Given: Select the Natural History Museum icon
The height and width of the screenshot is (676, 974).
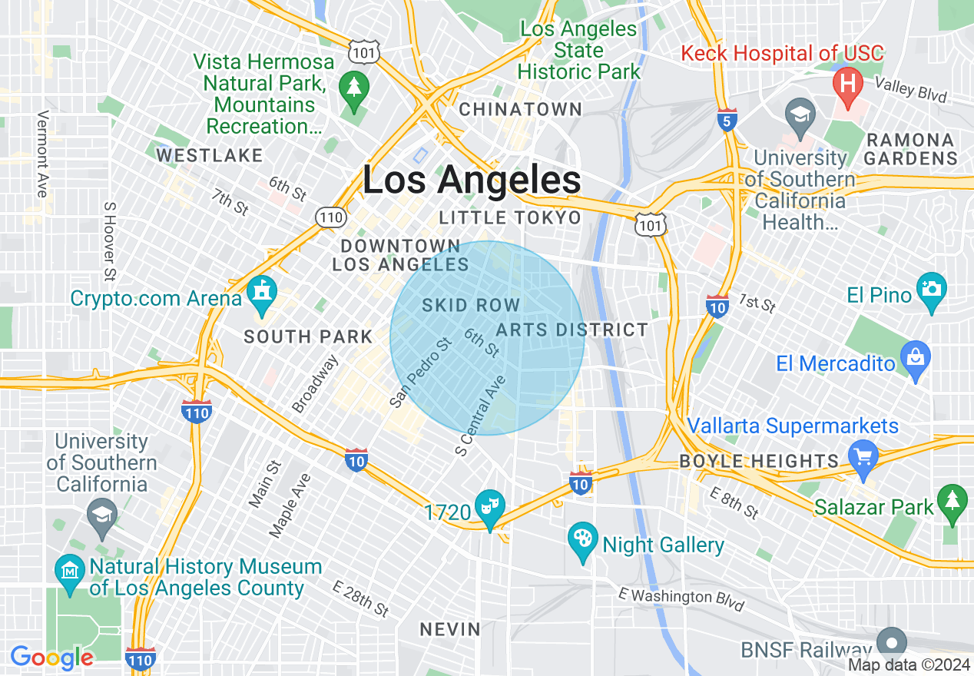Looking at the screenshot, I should pos(70,572).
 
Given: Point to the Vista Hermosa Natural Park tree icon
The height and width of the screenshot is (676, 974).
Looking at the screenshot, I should pos(353,88).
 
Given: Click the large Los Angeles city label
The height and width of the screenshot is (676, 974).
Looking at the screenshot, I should pos(471,181).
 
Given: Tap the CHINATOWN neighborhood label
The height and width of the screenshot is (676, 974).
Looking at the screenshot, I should pos(520,110).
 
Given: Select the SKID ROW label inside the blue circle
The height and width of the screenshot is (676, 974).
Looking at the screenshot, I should pos(471,305).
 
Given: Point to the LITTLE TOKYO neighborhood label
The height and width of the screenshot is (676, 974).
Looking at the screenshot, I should pos(510,218).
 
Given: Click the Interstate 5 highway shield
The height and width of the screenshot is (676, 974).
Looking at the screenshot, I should pos(727,120).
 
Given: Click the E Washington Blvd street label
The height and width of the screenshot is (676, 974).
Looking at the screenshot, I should pos(681,599).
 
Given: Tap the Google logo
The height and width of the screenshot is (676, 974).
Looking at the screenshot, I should pos(51,658).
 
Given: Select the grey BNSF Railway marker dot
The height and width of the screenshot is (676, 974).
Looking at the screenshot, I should pos(891,641).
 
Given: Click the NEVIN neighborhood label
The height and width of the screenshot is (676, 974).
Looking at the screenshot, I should pos(450,630).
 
